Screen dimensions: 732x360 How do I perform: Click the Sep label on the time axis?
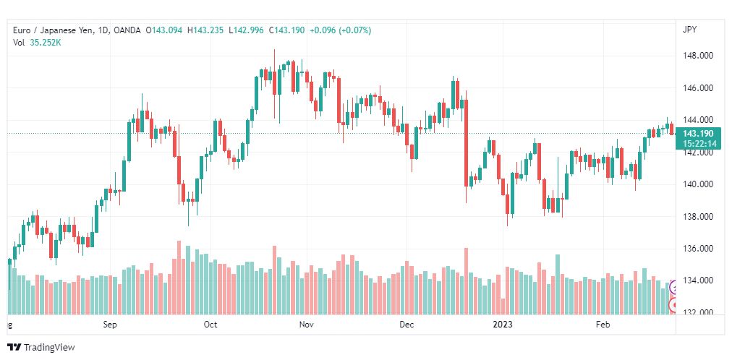tap(111, 325)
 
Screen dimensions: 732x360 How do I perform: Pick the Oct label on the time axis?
tap(210, 325)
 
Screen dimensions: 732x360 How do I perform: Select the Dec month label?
tap(407, 325)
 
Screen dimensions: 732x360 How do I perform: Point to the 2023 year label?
tap(503, 325)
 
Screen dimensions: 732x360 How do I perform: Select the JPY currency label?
tap(690, 30)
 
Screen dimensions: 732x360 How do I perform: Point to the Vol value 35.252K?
tap(46, 43)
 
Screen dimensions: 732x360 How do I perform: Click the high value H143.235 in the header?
tap(205, 30)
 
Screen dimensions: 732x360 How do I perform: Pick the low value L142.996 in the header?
tap(246, 30)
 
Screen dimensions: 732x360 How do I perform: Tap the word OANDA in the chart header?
tap(127, 30)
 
